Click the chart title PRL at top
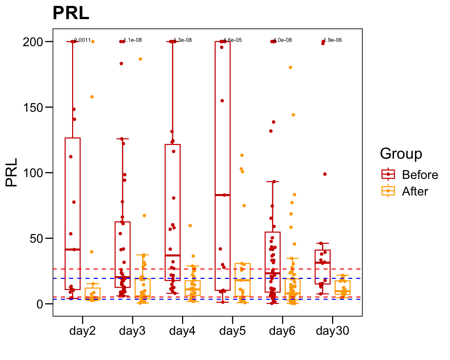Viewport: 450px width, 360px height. (x=71, y=14)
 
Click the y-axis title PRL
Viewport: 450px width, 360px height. (x=12, y=172)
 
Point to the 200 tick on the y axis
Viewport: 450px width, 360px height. (x=33, y=42)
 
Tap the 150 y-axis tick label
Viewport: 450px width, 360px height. (x=33, y=107)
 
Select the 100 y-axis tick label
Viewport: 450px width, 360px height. (x=33, y=173)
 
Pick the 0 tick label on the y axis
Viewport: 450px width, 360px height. (x=40, y=304)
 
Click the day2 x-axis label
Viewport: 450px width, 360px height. (x=83, y=330)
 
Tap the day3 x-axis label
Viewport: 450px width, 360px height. (x=132, y=330)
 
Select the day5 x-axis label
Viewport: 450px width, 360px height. (x=232, y=330)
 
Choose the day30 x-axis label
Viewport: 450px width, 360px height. (x=332, y=330)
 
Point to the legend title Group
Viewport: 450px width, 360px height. (x=401, y=154)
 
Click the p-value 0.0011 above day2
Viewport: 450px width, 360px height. (x=83, y=40)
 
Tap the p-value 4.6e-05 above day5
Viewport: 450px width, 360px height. (x=233, y=40)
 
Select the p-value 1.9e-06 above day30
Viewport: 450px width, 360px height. (x=333, y=40)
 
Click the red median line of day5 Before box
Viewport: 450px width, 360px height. (x=222, y=195)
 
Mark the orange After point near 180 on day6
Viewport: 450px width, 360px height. (x=290, y=67)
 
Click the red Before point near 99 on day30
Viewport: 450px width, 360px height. (x=325, y=174)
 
